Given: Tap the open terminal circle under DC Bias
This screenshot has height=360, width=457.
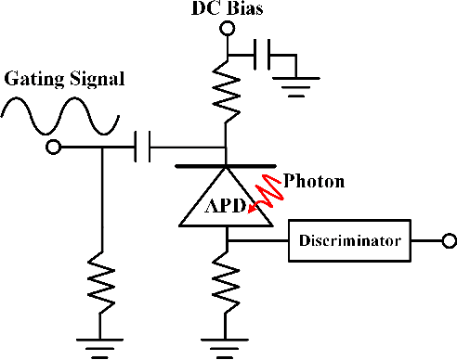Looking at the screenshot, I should tap(226, 30).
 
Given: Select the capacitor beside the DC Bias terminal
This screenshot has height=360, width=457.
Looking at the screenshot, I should tap(263, 57).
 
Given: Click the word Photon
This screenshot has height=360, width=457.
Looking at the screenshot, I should tap(313, 180).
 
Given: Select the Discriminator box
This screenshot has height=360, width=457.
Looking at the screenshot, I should tap(349, 240).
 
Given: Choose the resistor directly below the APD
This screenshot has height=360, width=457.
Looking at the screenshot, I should tap(226, 282).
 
